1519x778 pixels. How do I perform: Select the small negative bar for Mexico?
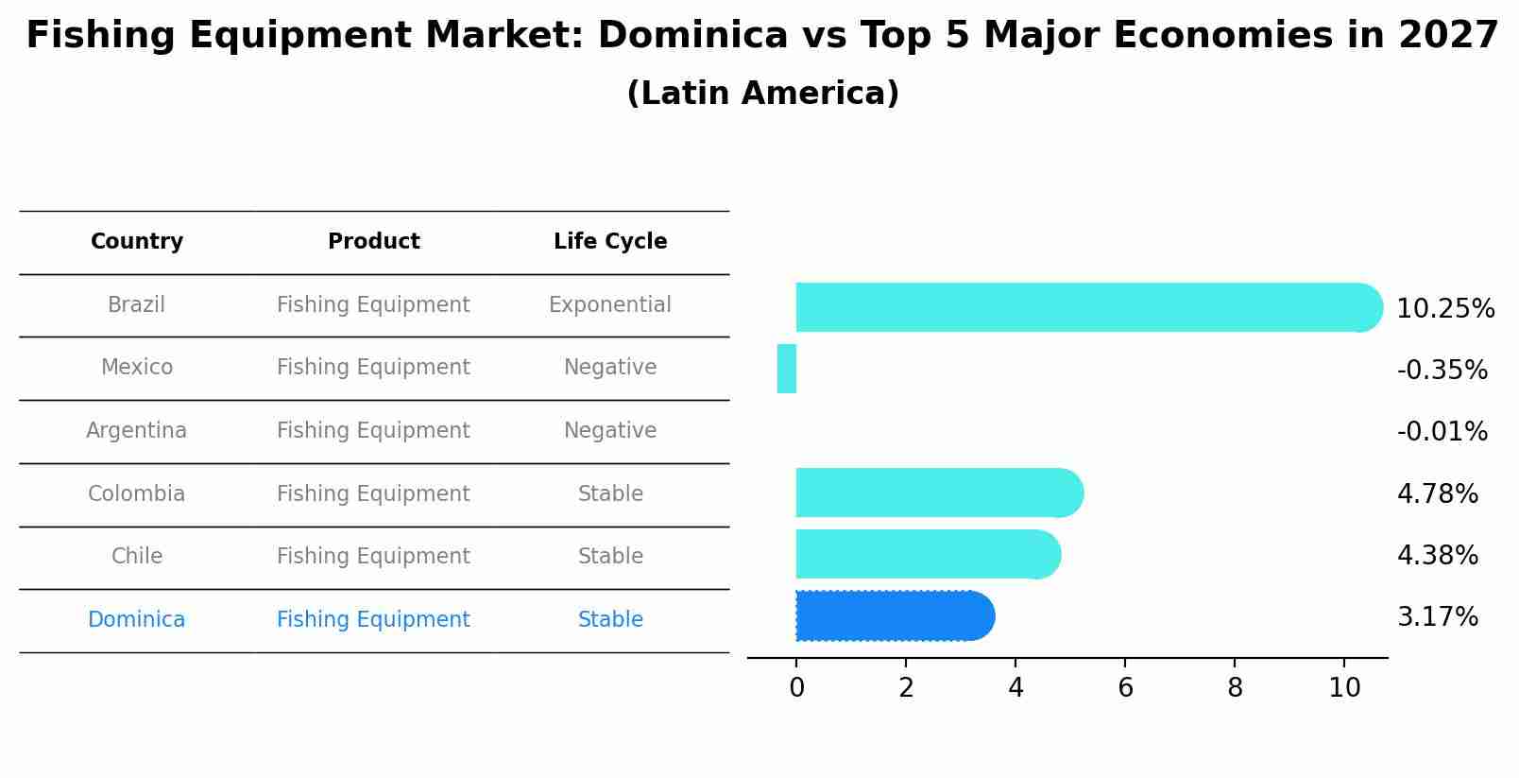[x=787, y=369]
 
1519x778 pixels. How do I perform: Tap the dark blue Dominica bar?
[x=893, y=616]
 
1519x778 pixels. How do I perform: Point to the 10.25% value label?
[x=1444, y=309]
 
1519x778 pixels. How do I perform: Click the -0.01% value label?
[x=1442, y=432]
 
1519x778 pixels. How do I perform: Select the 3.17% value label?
[x=1437, y=617]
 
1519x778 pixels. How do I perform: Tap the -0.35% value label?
[x=1442, y=371]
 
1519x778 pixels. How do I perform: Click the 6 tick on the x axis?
[x=1125, y=688]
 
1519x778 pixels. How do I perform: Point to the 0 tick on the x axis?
[x=796, y=688]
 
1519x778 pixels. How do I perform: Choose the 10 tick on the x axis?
[x=1344, y=688]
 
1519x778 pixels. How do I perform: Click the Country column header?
[x=137, y=242]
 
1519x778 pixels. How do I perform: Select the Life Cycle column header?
[x=610, y=242]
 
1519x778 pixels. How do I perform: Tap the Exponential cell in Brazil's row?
[x=610, y=305]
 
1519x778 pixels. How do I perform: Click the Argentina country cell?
[x=137, y=431]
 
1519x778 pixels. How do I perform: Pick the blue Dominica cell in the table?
[x=137, y=620]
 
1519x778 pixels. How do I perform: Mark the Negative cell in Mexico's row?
[x=610, y=368]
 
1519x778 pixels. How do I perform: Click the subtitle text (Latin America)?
[x=762, y=94]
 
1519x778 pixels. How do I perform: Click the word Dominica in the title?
[x=692, y=36]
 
